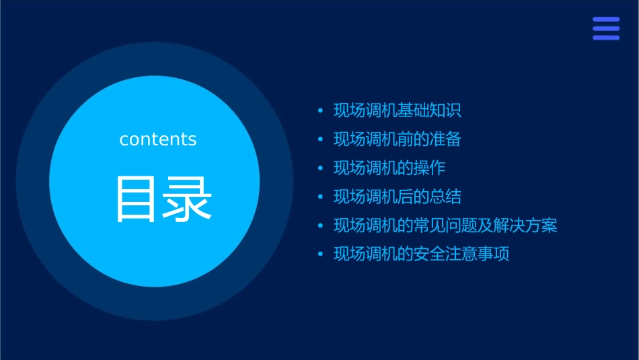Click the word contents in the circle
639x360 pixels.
[158, 139]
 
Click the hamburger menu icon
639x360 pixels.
[606, 28]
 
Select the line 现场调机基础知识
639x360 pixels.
[398, 111]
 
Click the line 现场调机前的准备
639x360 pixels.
[398, 139]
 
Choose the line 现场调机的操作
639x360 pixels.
[389, 168]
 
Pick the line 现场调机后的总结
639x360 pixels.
[398, 196]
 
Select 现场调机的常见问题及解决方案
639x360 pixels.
[445, 225]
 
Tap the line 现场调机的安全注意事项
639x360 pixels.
[422, 254]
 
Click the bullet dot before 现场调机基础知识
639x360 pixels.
[320, 111]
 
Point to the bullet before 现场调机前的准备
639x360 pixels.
[320, 140]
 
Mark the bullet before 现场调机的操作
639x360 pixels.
[320, 168]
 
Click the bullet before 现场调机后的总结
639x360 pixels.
[320, 197]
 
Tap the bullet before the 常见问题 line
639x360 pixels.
[320, 226]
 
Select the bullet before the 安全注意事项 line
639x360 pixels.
[320, 254]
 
